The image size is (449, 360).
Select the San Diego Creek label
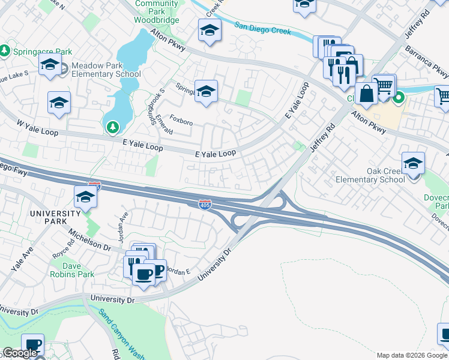point(262,28)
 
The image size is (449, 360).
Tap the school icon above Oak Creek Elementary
point(413,163)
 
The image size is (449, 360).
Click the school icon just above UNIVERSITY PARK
point(86,197)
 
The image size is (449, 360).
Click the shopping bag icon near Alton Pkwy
point(366,94)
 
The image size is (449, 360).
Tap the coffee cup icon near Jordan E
point(143,275)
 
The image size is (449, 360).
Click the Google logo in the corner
point(20,353)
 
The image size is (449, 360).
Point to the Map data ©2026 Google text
point(412,355)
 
